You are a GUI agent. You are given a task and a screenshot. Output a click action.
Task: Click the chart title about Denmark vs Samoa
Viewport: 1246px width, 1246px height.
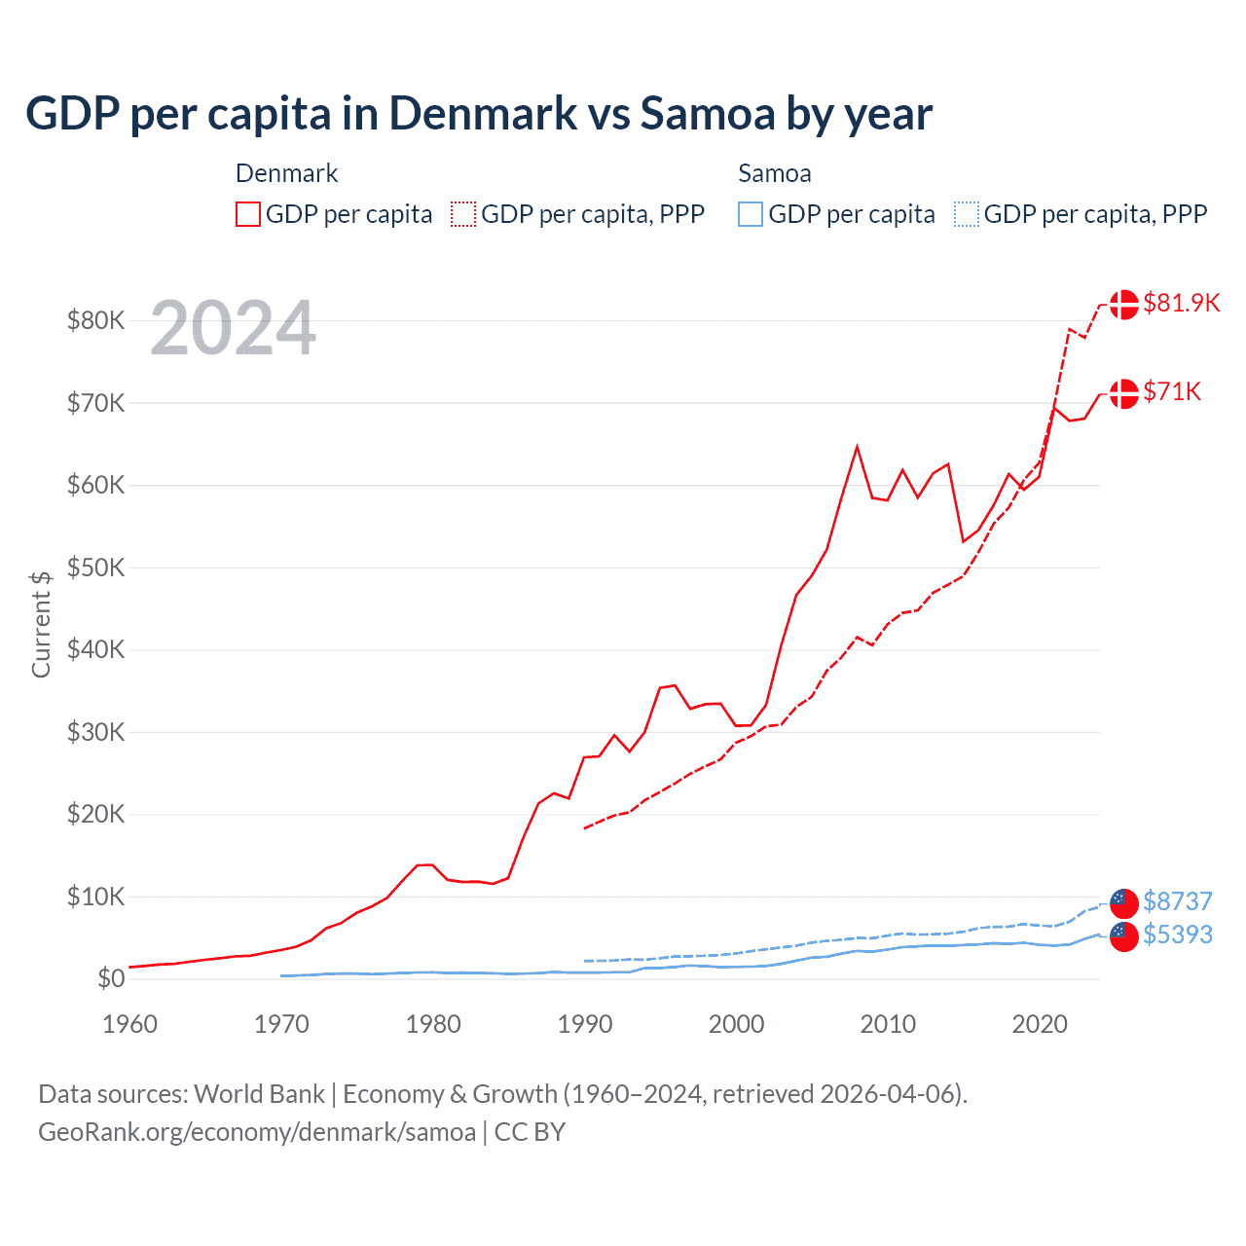pyautogui.click(x=479, y=114)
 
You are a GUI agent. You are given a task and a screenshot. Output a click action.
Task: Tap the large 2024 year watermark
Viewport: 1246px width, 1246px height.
pyautogui.click(x=233, y=329)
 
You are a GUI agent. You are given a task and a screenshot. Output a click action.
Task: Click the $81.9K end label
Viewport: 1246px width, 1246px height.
pyautogui.click(x=1181, y=303)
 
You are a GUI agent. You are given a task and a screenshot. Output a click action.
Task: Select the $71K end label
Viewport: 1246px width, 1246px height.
pyautogui.click(x=1172, y=391)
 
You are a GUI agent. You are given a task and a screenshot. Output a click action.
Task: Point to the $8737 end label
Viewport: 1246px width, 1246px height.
pyautogui.click(x=1177, y=901)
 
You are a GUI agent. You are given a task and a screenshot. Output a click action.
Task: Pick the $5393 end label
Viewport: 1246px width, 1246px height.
pyautogui.click(x=1177, y=934)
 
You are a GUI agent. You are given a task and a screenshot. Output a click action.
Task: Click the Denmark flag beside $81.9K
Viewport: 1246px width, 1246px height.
pyautogui.click(x=1124, y=304)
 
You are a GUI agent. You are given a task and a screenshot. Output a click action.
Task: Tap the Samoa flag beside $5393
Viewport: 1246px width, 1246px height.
pyautogui.click(x=1124, y=936)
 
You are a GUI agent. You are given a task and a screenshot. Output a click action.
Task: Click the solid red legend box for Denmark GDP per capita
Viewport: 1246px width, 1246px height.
pyautogui.click(x=248, y=214)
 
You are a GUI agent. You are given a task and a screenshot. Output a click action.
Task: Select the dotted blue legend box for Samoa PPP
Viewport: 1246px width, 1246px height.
pyautogui.click(x=967, y=214)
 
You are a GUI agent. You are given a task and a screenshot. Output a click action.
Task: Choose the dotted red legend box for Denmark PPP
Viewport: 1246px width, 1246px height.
pyautogui.click(x=463, y=214)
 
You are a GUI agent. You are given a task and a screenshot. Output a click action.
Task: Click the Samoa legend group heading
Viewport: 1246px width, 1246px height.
pyautogui.click(x=774, y=173)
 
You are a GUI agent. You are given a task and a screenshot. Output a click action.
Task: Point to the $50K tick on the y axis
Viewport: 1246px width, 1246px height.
pyautogui.click(x=95, y=568)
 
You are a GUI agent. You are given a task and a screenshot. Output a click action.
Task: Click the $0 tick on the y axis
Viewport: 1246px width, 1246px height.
pyautogui.click(x=111, y=978)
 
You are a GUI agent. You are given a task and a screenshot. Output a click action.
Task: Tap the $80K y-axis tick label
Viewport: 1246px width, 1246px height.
pyautogui.click(x=95, y=320)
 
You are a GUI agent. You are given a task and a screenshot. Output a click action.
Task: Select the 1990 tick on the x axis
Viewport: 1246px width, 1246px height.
pyautogui.click(x=585, y=1024)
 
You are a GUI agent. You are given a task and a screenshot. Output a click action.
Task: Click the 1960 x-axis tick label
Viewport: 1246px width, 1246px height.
pyautogui.click(x=129, y=1024)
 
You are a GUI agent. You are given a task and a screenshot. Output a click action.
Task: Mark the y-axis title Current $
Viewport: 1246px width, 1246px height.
pyautogui.click(x=41, y=624)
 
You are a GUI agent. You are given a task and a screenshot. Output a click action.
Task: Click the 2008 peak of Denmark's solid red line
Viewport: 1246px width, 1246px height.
pyautogui.click(x=857, y=447)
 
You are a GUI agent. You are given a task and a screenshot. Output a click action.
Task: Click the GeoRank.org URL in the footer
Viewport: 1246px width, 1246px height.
pyautogui.click(x=257, y=1132)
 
